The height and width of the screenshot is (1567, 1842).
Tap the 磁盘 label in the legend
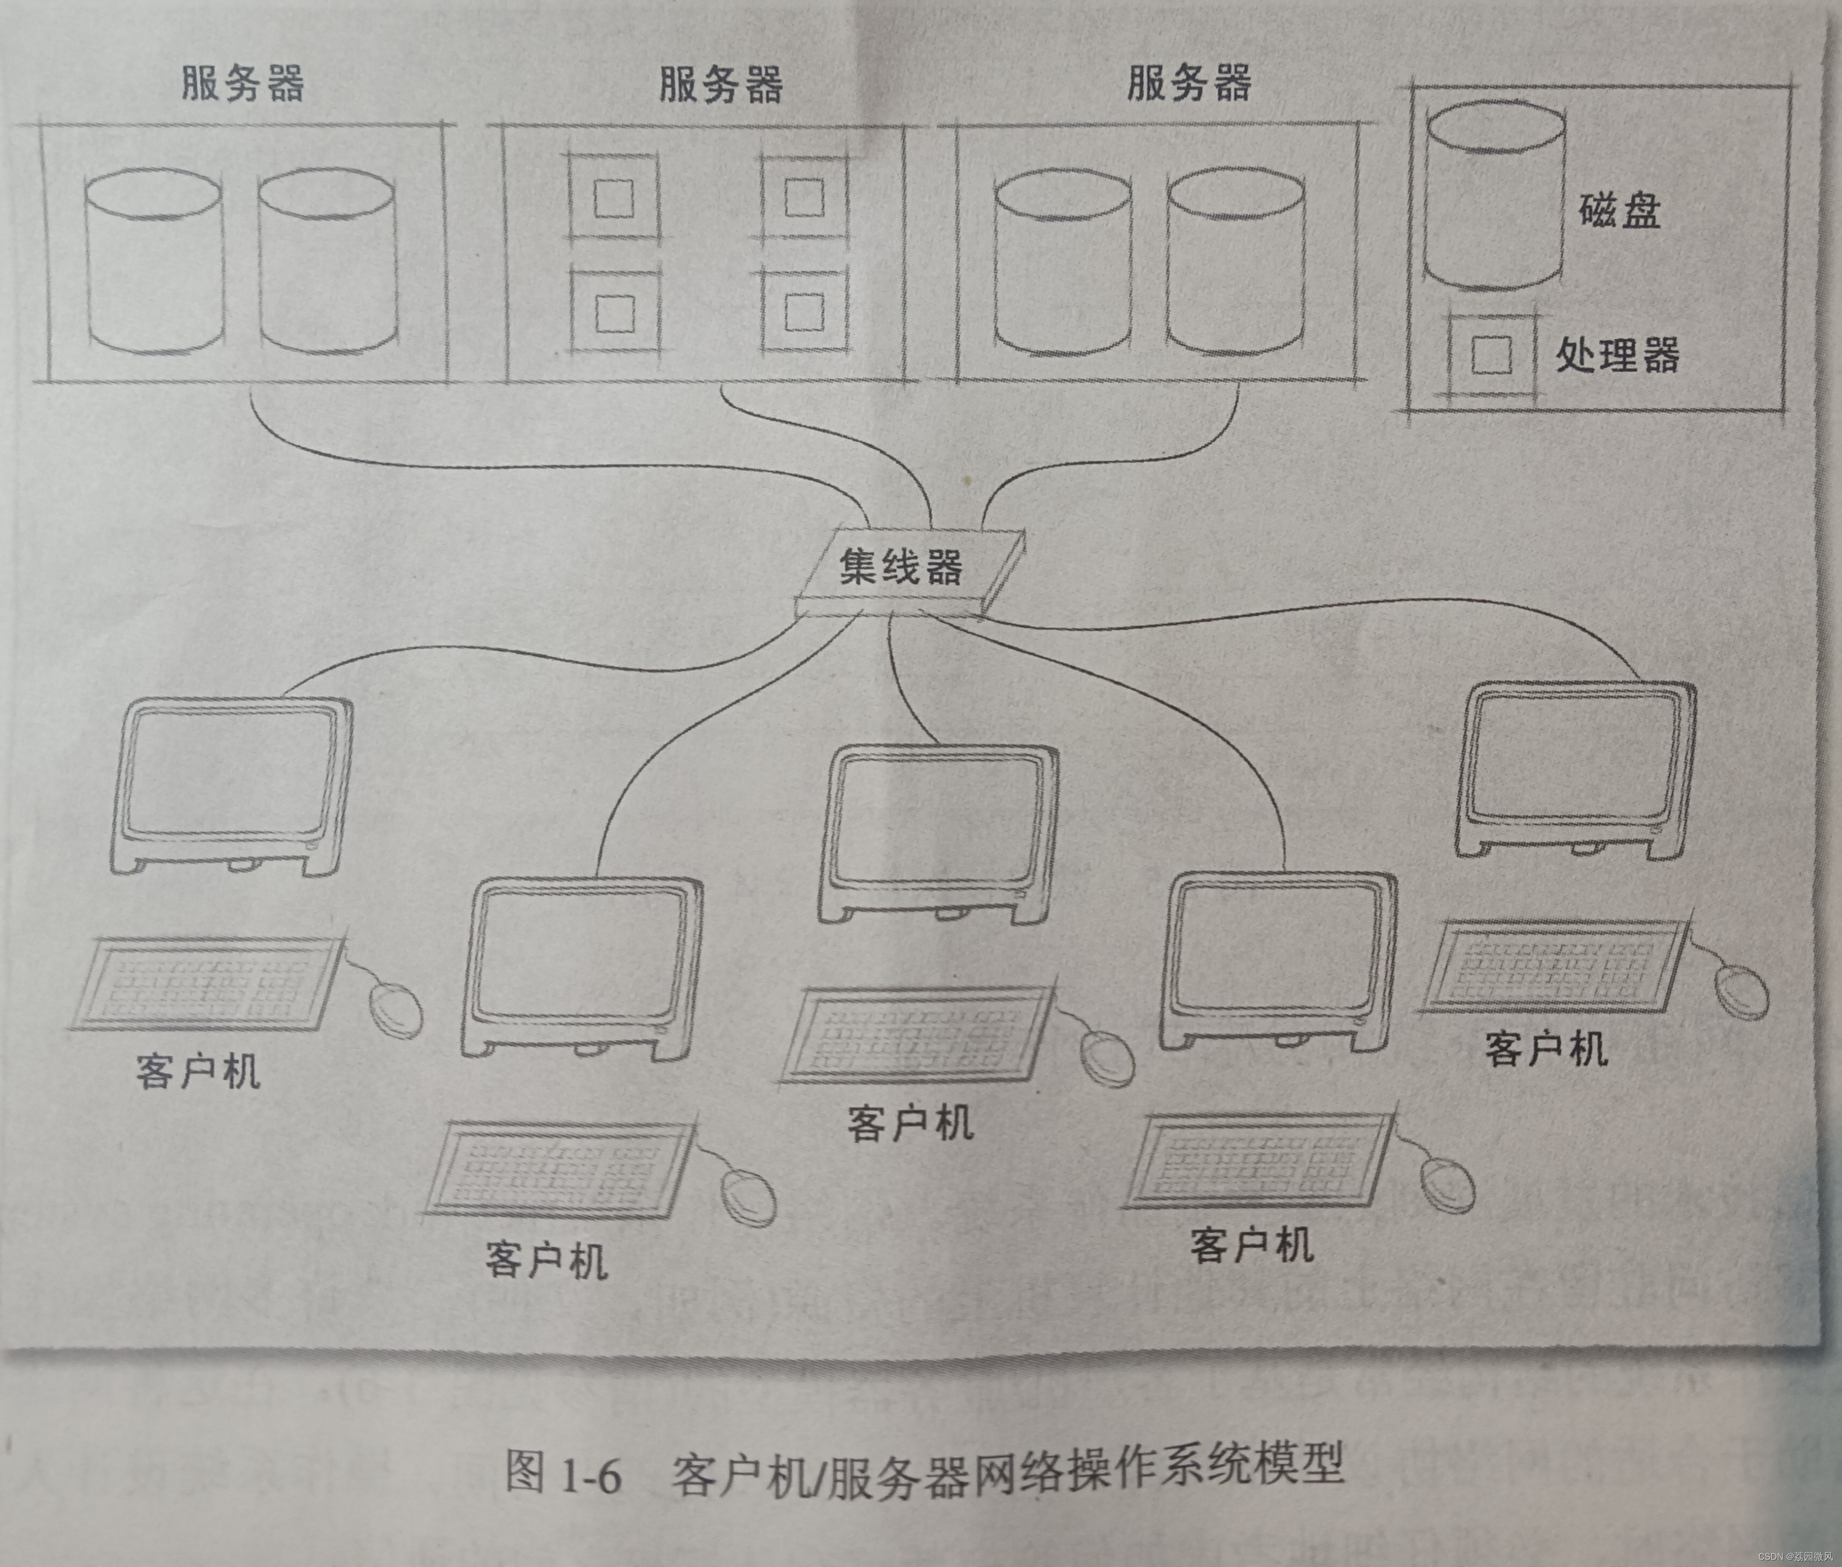[x=1619, y=211]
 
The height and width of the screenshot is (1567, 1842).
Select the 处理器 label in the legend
[x=1617, y=356]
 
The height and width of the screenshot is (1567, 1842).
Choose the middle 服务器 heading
[x=720, y=85]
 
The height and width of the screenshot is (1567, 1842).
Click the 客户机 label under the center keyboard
[x=911, y=1123]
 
